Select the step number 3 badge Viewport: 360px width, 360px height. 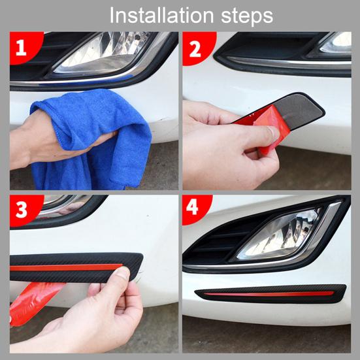click(x=22, y=209)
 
